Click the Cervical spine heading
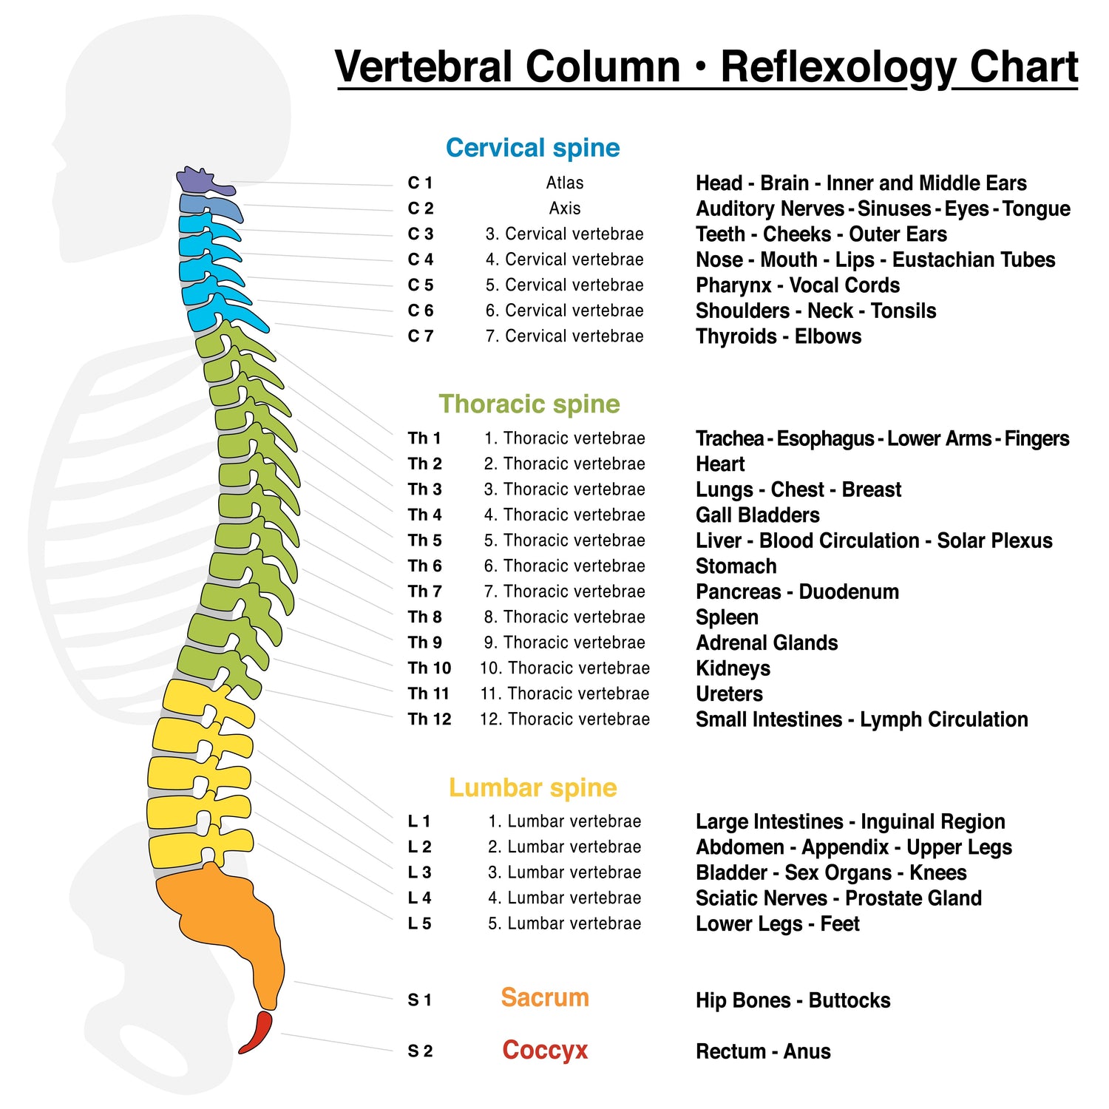tap(532, 148)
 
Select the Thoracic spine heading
tap(529, 404)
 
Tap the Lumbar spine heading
tap(532, 788)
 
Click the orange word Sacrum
tap(545, 998)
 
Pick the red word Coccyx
tap(545, 1051)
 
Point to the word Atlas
tap(565, 183)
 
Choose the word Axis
tap(565, 208)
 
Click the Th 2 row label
tap(424, 464)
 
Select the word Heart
tap(720, 464)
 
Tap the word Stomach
tap(736, 566)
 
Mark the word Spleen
tap(727, 617)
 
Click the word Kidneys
tap(733, 668)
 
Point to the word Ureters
tap(729, 694)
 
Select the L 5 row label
tap(419, 923)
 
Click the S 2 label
tap(420, 1051)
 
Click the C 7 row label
tap(420, 336)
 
